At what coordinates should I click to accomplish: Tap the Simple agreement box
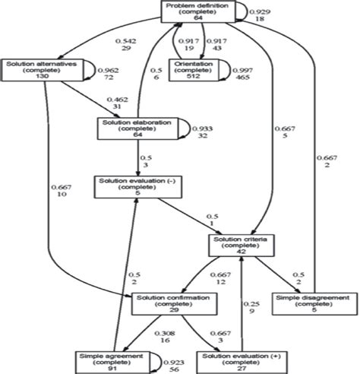(x=108, y=360)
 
